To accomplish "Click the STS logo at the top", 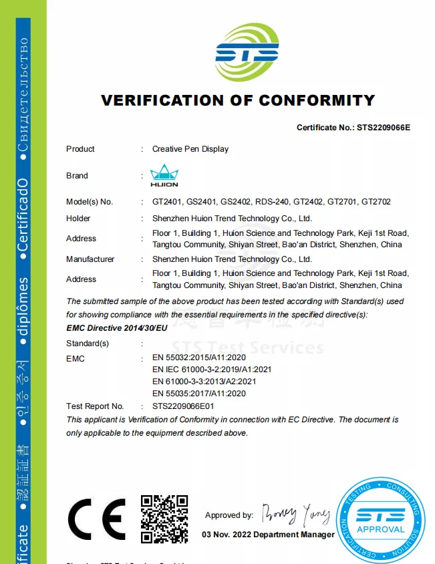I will (247, 52).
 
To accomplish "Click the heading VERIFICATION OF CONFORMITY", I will (238, 101).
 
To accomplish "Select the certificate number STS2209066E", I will (384, 127).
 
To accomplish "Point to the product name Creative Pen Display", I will (190, 149).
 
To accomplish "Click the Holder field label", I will (78, 219).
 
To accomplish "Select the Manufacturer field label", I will (90, 259).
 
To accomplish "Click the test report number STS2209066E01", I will (183, 406).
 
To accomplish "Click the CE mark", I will (97, 519).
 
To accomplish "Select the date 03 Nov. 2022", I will (226, 535).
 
